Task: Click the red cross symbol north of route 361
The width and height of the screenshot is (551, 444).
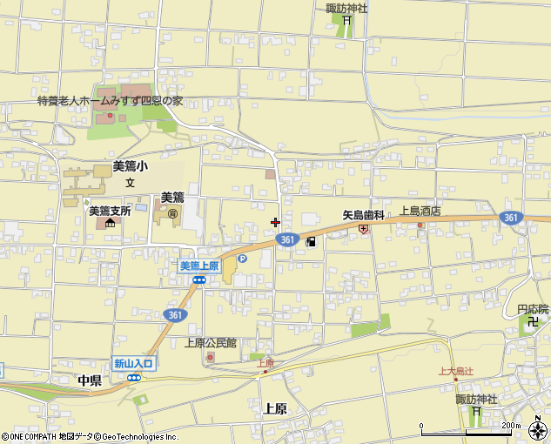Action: point(276,222)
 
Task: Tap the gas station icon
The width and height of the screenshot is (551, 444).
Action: point(310,242)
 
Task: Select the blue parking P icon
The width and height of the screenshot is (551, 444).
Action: point(242,258)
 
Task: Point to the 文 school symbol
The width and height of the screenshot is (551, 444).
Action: point(130,183)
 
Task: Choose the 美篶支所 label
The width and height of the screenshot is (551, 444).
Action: point(110,211)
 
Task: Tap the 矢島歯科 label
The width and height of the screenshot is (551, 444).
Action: point(362,212)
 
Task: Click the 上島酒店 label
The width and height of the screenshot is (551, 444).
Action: point(420,211)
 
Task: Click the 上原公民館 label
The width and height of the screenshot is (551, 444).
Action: point(211,343)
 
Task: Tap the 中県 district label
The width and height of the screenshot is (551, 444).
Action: point(89,380)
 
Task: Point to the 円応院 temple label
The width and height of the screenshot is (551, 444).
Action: point(533,309)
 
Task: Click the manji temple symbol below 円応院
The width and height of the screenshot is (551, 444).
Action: point(534,321)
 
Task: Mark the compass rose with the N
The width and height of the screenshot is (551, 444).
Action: point(538,428)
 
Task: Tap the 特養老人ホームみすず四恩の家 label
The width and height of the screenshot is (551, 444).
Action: point(110,100)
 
